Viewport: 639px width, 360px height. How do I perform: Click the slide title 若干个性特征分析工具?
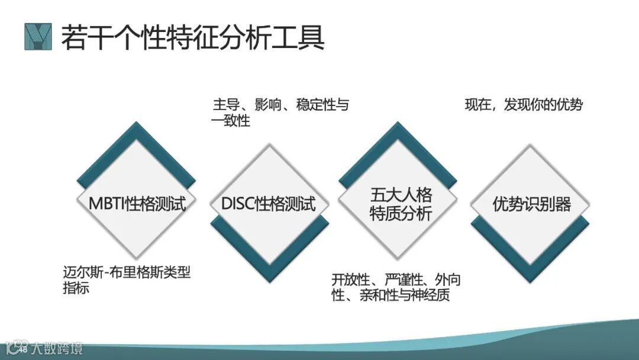pos(193,37)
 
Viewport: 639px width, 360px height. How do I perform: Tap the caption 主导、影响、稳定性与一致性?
pos(280,113)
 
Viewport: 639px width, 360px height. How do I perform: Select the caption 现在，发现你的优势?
pos(524,105)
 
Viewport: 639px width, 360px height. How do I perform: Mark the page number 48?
pos(24,351)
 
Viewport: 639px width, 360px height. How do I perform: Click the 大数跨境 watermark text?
pos(57,348)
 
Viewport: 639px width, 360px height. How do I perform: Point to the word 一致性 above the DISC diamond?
pos(231,121)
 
